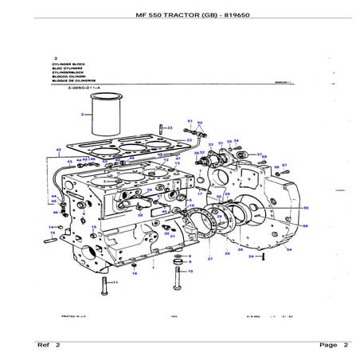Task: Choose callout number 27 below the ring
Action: (x=210, y=260)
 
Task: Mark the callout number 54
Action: (x=288, y=249)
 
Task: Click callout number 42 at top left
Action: (x=58, y=150)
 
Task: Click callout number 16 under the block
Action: (x=135, y=273)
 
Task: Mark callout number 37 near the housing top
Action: (x=259, y=155)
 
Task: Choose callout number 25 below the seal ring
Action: (x=227, y=252)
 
